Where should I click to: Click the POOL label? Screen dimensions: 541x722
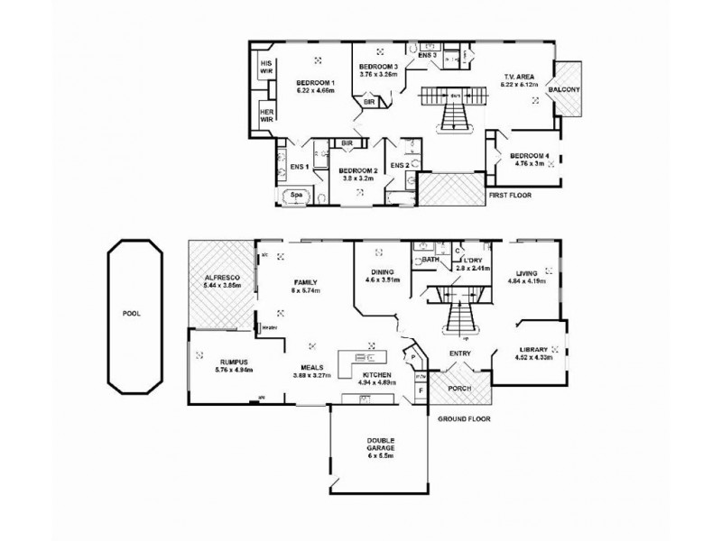133,315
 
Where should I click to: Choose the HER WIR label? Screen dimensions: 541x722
266,115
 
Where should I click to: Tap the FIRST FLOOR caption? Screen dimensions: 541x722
510,195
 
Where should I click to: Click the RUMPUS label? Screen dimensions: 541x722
220,362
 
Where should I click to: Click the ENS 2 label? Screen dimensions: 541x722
400,165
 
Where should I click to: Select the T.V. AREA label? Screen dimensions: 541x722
521,77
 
